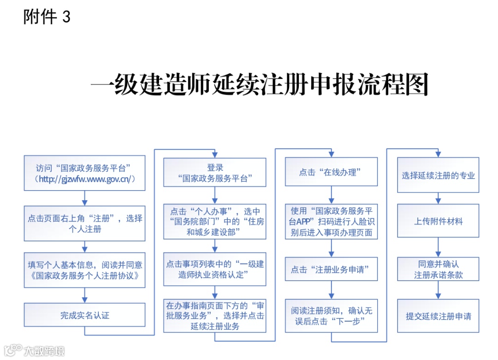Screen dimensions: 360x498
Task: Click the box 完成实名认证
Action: click(84, 316)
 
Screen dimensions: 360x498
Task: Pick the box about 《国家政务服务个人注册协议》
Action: click(84, 270)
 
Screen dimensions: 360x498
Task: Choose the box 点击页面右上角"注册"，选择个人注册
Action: click(84, 223)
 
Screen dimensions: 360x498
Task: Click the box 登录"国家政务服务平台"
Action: click(215, 173)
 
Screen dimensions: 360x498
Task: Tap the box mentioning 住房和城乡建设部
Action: click(215, 222)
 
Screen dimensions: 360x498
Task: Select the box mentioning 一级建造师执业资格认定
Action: click(215, 269)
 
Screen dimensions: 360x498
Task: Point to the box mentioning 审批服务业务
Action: click(215, 316)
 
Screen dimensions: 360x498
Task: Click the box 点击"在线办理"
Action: click(331, 172)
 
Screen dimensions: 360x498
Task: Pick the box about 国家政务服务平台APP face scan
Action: click(331, 222)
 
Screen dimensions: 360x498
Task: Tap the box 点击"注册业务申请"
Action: click(331, 269)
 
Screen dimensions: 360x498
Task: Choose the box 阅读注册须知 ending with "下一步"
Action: click(331, 316)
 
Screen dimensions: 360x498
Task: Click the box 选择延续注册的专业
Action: click(438, 175)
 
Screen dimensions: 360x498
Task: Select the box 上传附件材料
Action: click(438, 221)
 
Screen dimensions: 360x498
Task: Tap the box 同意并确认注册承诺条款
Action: click(438, 269)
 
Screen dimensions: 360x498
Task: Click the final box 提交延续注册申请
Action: click(438, 316)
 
